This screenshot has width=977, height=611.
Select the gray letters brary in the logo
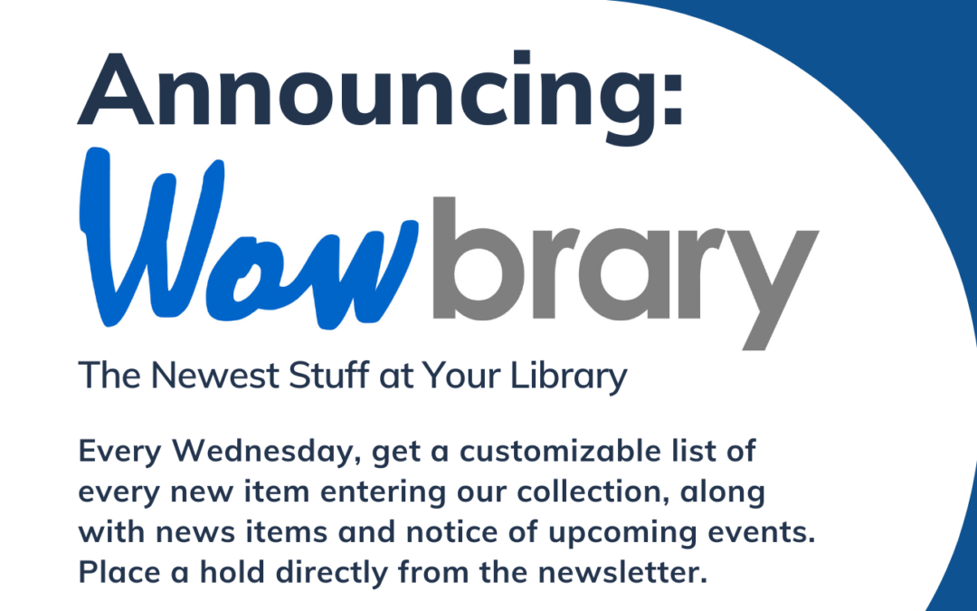pyautogui.click(x=625, y=263)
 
